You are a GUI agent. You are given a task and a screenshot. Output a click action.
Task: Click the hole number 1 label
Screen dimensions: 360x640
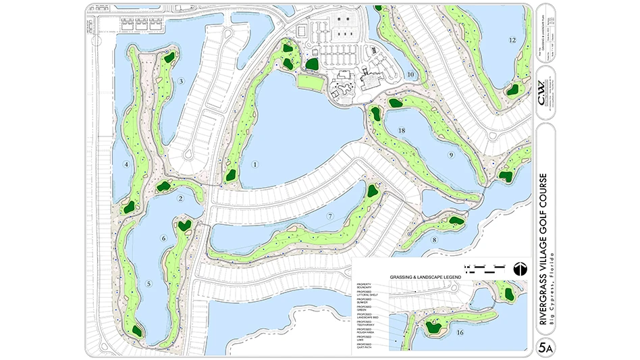click(x=255, y=164)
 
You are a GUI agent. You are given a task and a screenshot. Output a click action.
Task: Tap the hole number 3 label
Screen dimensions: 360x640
click(x=181, y=82)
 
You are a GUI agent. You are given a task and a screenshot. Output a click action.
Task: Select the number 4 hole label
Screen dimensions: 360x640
click(x=126, y=164)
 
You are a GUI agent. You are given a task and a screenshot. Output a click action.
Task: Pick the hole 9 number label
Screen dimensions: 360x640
click(x=450, y=155)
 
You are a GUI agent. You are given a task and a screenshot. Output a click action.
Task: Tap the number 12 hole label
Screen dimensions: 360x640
click(x=512, y=41)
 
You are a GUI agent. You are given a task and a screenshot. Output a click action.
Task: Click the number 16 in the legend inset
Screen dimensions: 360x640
click(x=460, y=332)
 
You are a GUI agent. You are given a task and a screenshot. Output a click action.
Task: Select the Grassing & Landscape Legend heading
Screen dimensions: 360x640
click(x=425, y=277)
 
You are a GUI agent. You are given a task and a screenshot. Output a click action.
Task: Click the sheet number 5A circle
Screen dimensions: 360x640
click(x=545, y=348)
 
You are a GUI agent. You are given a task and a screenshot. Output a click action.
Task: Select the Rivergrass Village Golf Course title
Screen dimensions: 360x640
click(x=543, y=249)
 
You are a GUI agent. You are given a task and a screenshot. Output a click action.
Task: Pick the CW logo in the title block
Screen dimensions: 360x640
click(x=545, y=89)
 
